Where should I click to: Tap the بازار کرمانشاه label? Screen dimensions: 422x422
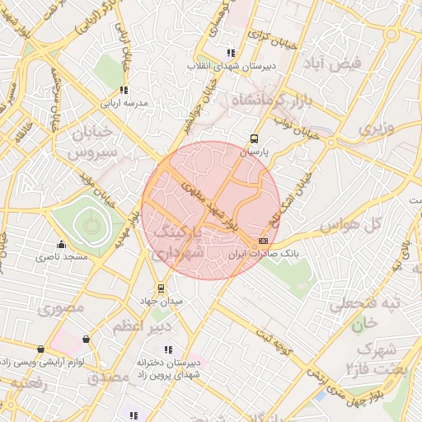click(259, 101)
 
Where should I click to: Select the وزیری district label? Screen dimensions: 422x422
click(377, 128)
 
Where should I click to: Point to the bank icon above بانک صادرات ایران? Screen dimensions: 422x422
click(263, 240)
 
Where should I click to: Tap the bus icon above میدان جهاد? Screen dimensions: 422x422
click(160, 289)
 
